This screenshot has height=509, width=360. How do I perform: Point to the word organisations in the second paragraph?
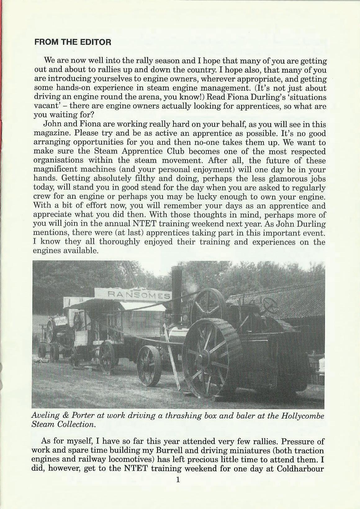pyautogui.click(x=58, y=161)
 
